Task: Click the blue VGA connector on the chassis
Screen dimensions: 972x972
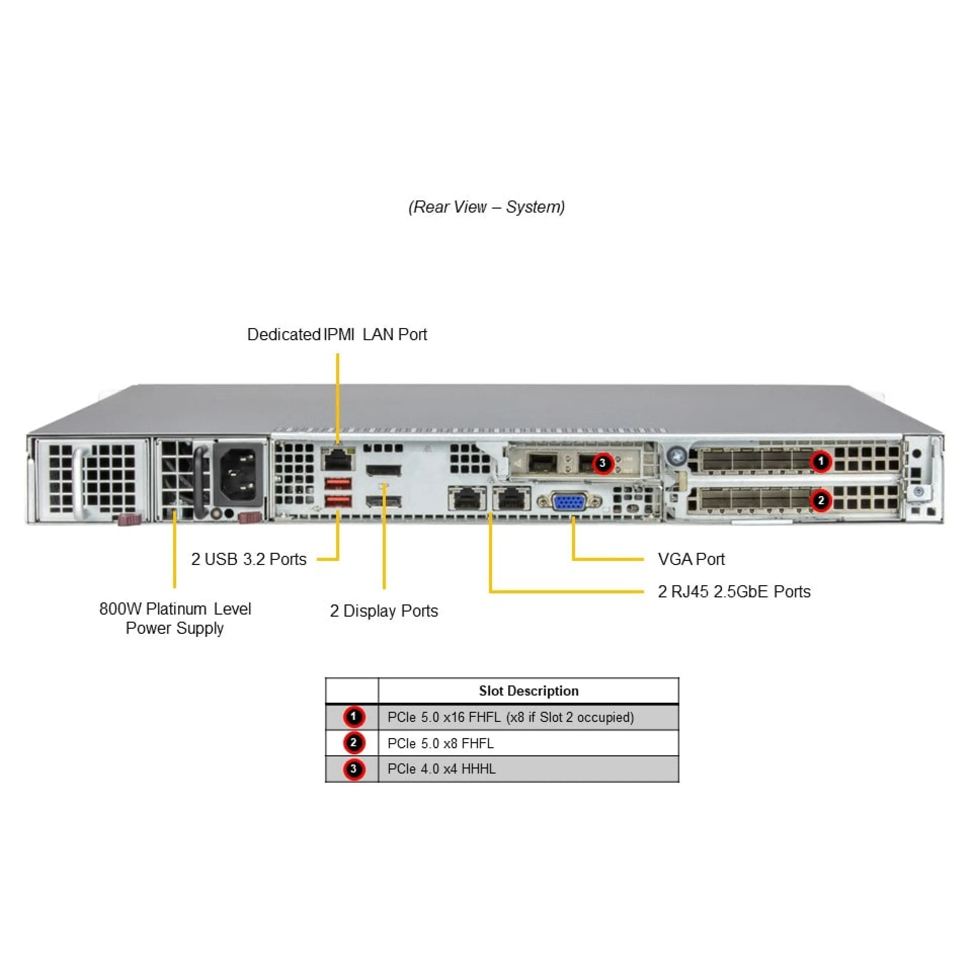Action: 570,503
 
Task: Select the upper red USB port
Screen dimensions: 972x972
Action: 338,482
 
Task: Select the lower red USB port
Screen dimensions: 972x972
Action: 338,502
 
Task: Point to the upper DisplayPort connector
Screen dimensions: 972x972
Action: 384,470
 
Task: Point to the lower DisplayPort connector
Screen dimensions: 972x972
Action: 384,501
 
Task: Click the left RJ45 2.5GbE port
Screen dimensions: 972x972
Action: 467,499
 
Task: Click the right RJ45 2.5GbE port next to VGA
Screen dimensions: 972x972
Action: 511,499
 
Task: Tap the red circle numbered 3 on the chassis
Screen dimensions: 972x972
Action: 602,463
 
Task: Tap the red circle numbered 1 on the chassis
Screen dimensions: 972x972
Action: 821,461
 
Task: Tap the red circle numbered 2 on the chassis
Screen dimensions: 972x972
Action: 821,501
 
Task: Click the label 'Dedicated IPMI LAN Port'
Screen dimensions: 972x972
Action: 337,335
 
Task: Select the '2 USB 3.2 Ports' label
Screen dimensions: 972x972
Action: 249,559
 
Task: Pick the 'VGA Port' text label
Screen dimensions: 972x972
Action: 691,559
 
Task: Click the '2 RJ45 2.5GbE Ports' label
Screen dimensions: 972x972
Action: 734,591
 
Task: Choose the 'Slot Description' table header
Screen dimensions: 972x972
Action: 528,691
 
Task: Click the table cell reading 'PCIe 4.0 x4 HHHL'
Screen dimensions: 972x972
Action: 441,769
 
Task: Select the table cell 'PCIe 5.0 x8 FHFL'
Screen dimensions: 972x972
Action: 440,743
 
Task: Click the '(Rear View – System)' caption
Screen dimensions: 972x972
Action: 487,207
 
